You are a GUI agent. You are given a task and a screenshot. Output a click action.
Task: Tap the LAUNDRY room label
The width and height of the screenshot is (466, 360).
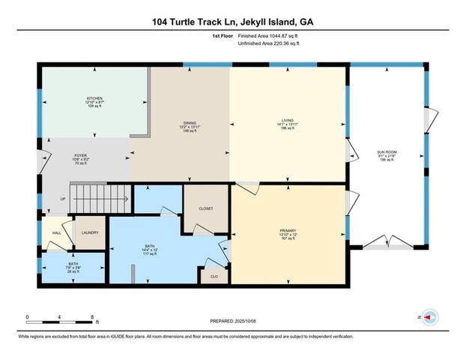[x=91, y=232]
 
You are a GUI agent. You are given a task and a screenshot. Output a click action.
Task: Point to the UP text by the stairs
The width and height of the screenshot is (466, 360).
[x=62, y=199]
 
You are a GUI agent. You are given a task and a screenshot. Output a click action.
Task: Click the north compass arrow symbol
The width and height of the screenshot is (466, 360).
[x=429, y=317]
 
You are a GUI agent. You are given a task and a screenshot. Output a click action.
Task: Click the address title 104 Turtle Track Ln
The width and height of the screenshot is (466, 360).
[x=232, y=22]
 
